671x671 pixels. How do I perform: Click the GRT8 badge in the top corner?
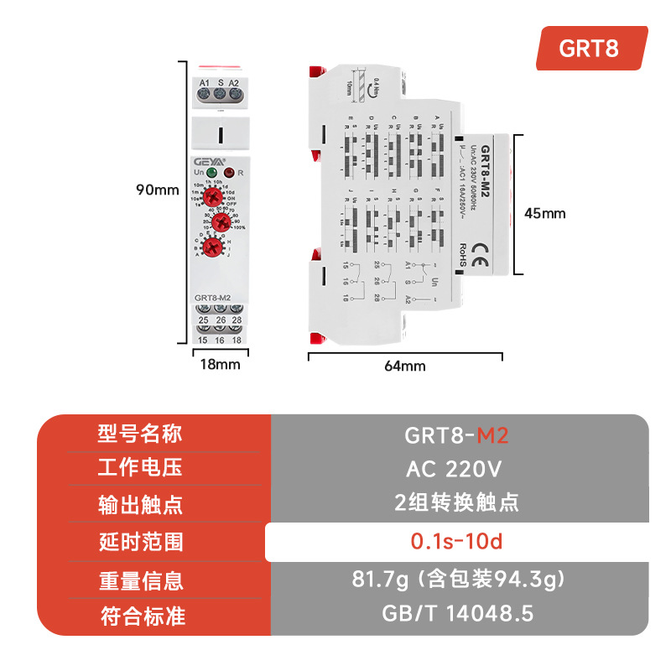tap(591, 48)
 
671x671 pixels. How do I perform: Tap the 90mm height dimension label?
tap(158, 190)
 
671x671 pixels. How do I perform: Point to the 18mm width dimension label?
tap(219, 364)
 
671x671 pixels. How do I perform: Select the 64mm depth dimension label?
tap(406, 366)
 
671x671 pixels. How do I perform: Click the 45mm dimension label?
tap(544, 213)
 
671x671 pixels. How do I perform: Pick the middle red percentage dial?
tap(221, 221)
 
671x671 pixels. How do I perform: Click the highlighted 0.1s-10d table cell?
tap(456, 542)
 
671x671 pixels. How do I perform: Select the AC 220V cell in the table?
tap(456, 468)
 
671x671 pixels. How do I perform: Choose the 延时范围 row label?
tap(141, 543)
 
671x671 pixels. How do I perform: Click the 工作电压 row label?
tap(141, 468)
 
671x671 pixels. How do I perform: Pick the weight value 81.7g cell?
tap(456, 579)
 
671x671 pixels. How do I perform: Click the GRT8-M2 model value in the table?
tap(456, 434)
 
